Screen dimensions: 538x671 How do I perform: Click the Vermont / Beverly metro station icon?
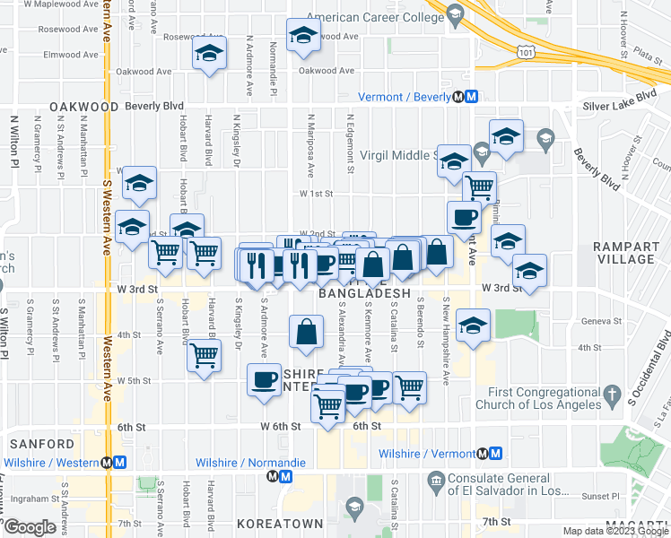(x=465, y=98)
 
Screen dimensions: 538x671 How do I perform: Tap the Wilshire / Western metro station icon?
(x=113, y=463)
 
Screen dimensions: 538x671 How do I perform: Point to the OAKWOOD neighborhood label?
(x=84, y=106)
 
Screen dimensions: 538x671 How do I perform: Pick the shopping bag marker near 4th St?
(x=307, y=331)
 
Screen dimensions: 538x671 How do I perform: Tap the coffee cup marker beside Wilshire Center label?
(x=264, y=380)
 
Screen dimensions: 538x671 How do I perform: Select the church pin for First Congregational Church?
(x=612, y=394)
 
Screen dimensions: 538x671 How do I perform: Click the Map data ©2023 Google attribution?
(x=615, y=532)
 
